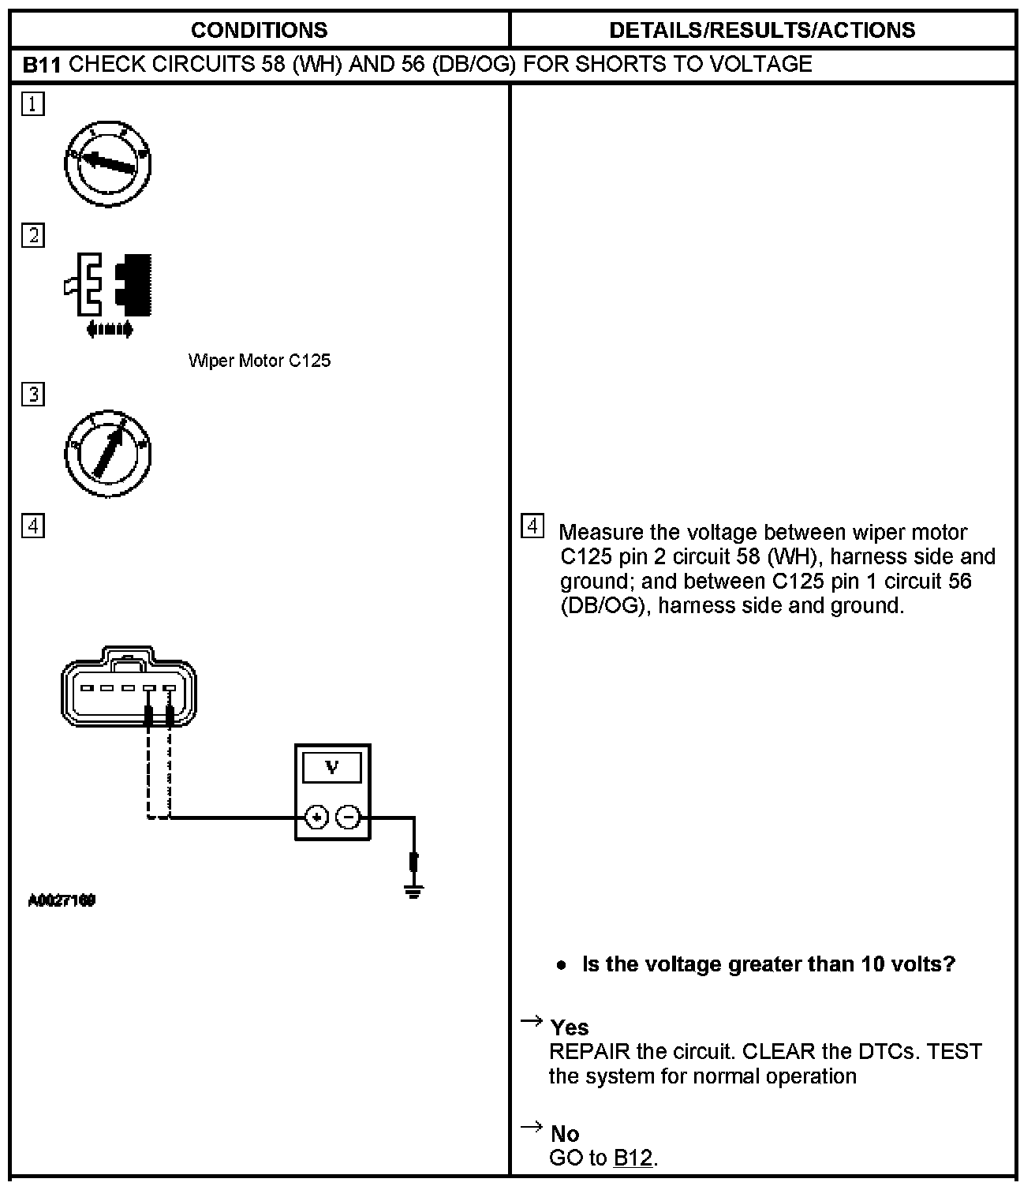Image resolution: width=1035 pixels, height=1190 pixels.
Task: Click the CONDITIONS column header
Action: point(259,30)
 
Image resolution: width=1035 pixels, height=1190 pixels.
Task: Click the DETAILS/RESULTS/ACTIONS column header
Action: point(762,30)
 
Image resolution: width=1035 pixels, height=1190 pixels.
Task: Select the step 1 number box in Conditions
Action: point(33,104)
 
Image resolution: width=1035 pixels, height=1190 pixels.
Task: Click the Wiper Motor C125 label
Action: point(260,361)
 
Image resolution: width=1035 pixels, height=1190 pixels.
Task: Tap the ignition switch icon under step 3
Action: point(107,454)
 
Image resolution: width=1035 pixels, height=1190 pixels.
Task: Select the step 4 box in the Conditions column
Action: point(33,526)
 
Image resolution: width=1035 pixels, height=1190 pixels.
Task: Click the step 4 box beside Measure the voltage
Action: point(533,526)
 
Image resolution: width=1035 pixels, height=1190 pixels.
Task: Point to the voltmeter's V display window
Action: point(332,767)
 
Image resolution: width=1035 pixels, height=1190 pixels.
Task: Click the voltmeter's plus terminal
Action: point(316,818)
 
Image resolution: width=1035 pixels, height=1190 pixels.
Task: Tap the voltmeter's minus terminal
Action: point(349,818)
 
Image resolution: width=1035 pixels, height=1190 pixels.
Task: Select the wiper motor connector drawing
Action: point(129,686)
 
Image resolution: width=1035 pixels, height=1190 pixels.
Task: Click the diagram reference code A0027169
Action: point(62,900)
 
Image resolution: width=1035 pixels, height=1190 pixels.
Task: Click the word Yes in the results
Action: point(570,1027)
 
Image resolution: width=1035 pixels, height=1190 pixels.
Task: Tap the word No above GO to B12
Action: point(565,1134)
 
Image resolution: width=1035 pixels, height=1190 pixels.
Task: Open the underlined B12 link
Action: point(633,1158)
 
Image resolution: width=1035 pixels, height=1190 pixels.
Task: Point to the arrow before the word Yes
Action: point(532,1022)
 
